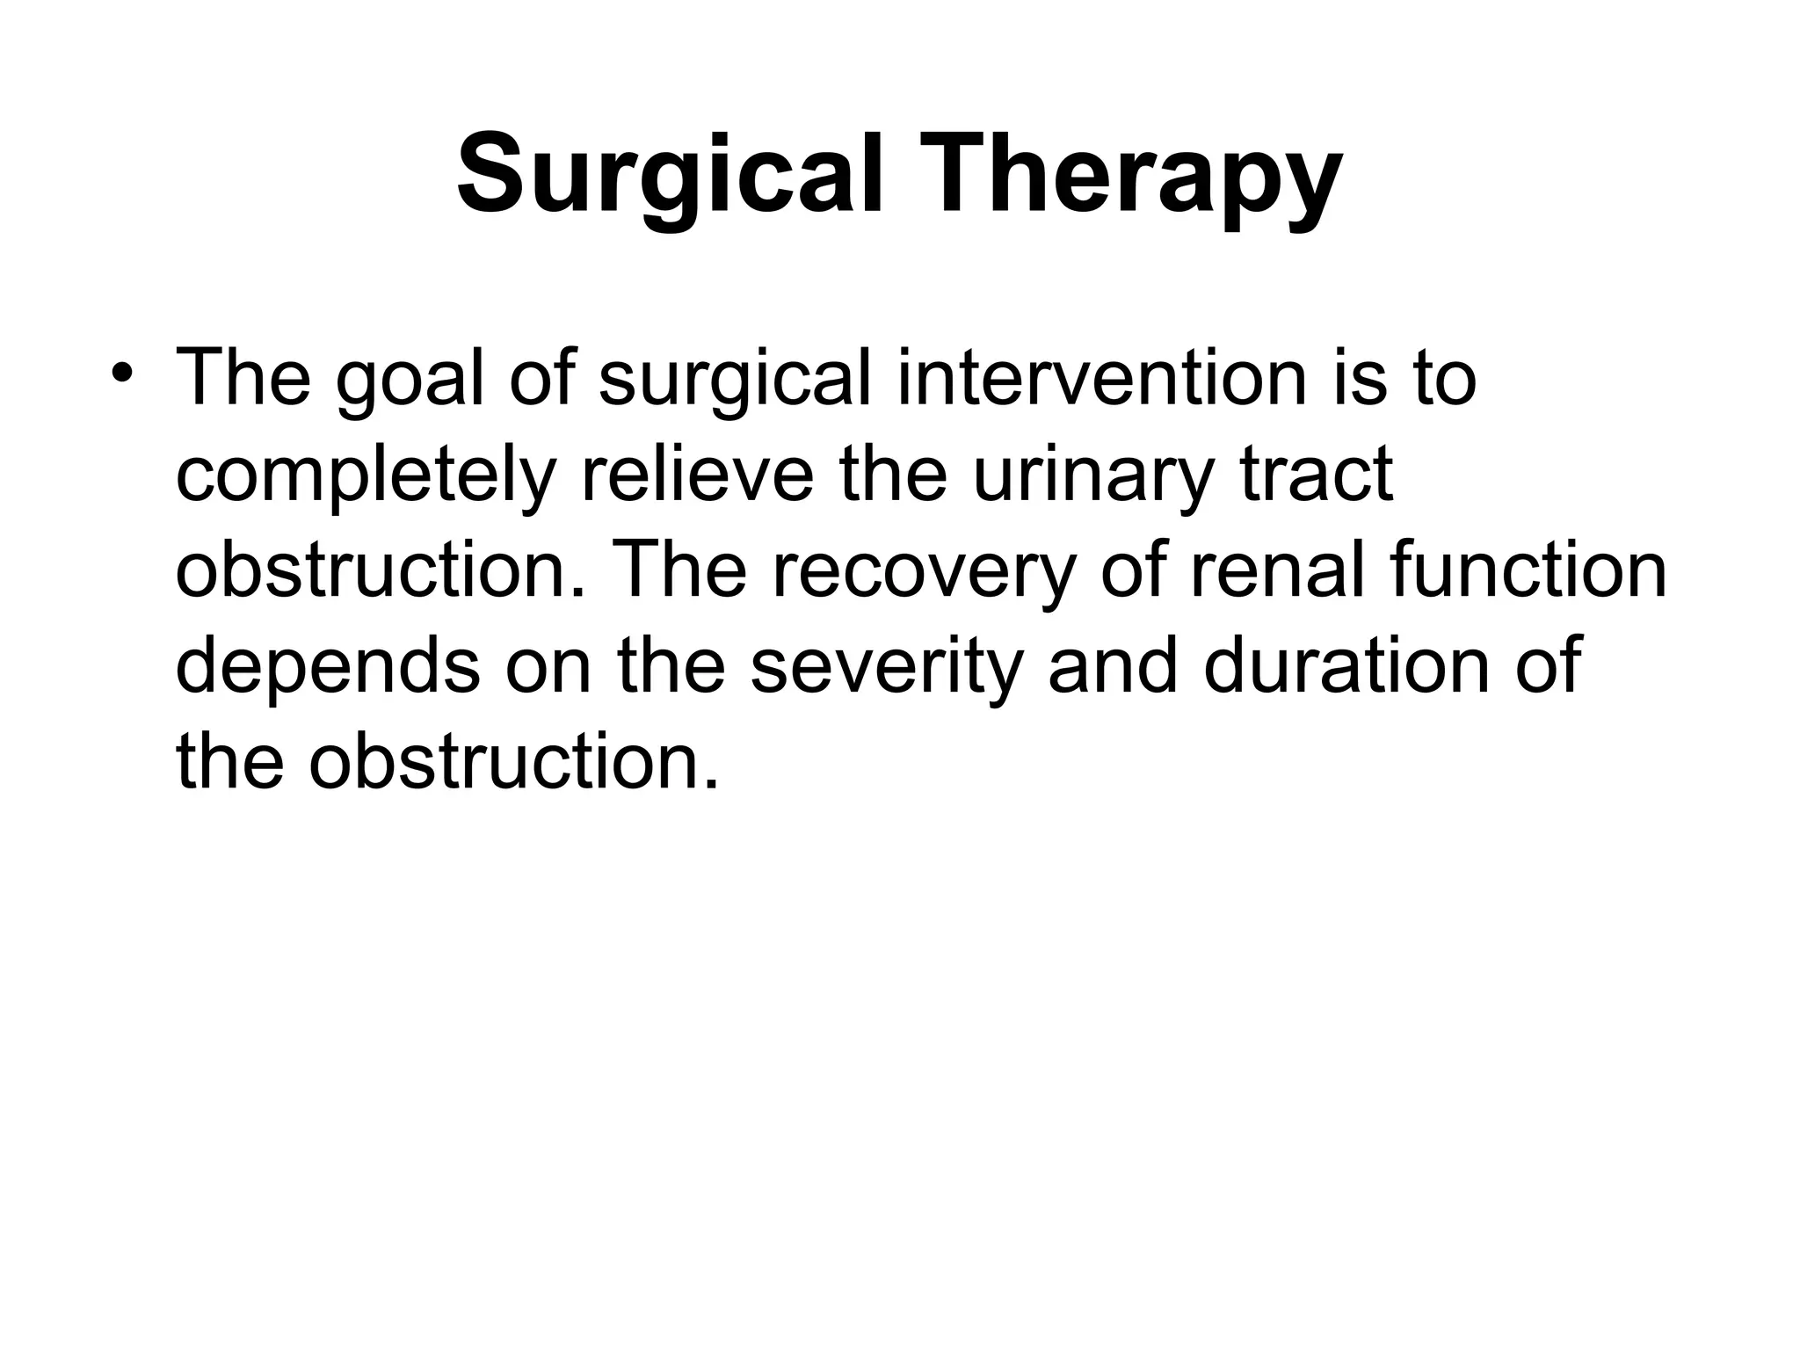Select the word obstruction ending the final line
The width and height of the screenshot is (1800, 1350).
pos(514,760)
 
